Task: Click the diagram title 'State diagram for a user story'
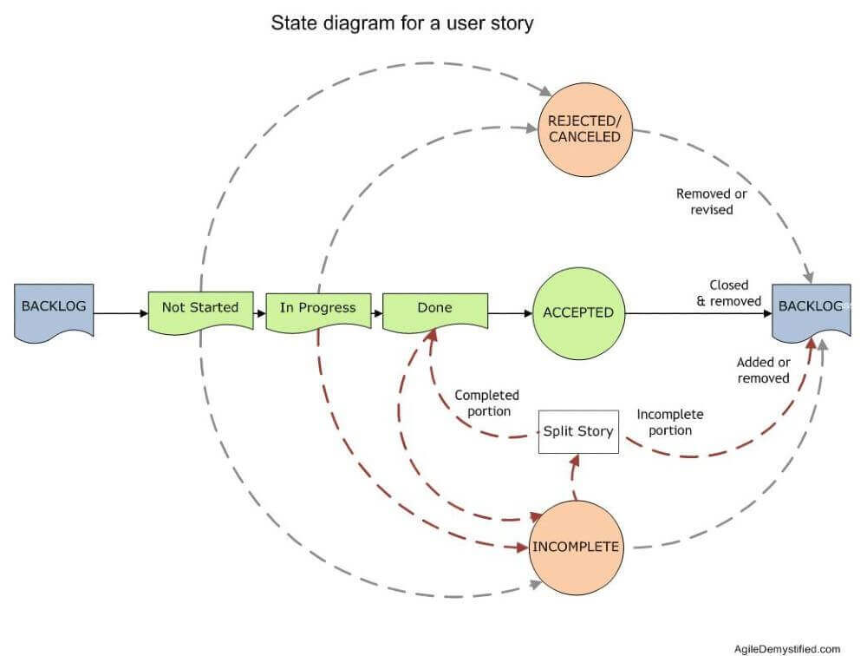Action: point(402,23)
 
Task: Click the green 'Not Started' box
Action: point(201,312)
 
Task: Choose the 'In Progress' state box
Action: point(318,312)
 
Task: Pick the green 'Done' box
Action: point(435,312)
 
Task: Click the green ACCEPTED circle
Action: point(578,313)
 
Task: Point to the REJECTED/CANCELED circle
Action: point(585,129)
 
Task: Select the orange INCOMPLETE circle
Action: point(577,548)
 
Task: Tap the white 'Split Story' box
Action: point(578,432)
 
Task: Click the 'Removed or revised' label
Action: point(712,201)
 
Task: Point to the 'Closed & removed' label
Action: point(729,292)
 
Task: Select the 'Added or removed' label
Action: point(764,370)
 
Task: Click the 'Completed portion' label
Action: point(487,403)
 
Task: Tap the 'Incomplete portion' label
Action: point(670,422)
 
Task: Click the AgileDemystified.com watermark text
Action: point(787,649)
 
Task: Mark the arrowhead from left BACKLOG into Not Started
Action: point(144,313)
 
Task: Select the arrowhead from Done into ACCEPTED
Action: point(528,313)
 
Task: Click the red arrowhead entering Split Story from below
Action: point(576,460)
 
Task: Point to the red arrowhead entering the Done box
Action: point(432,335)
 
